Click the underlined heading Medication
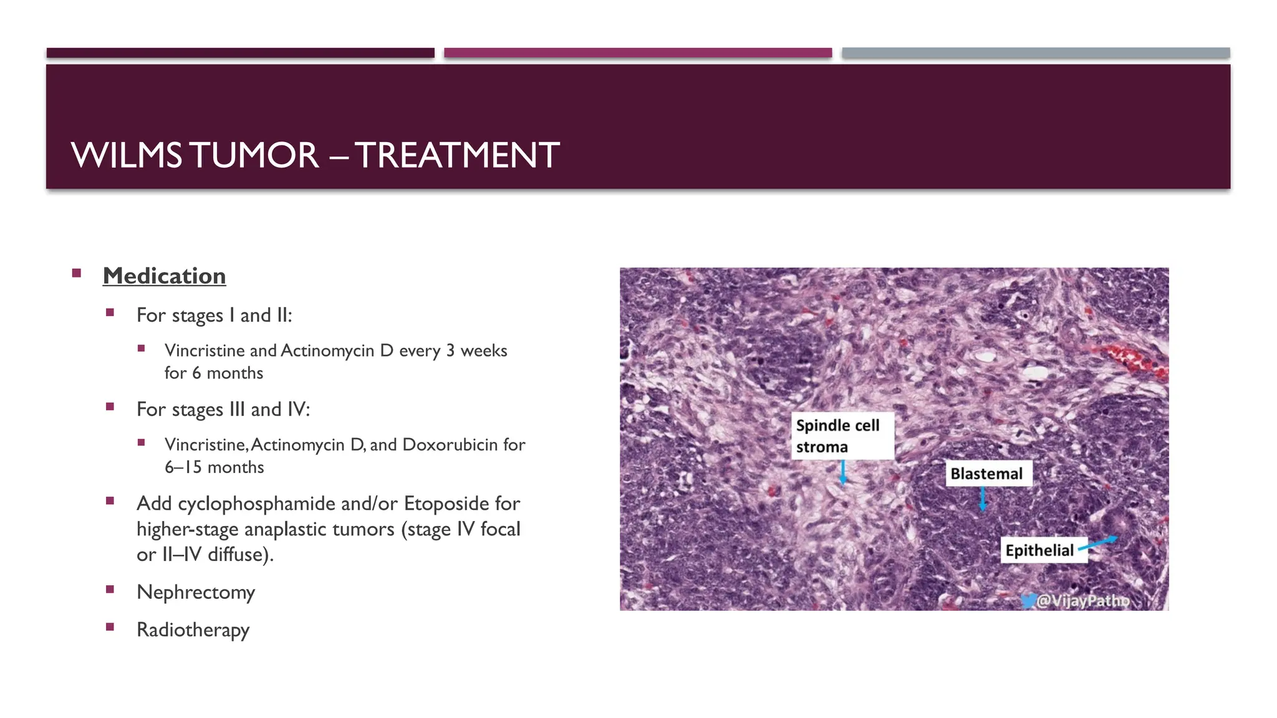click(164, 276)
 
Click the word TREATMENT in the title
click(457, 156)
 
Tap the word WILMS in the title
click(127, 156)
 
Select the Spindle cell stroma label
click(842, 436)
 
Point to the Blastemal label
click(986, 474)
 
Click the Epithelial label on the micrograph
click(1039, 550)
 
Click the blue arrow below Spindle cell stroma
click(843, 472)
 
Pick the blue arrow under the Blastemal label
click(983, 499)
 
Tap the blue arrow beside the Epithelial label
click(1099, 543)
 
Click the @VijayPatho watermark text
click(1083, 601)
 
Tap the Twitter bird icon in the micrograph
click(1028, 601)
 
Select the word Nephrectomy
click(196, 592)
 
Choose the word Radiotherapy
click(193, 629)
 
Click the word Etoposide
click(446, 503)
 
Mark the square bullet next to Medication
click(77, 273)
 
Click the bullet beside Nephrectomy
click(110, 589)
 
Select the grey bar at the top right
click(1036, 53)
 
